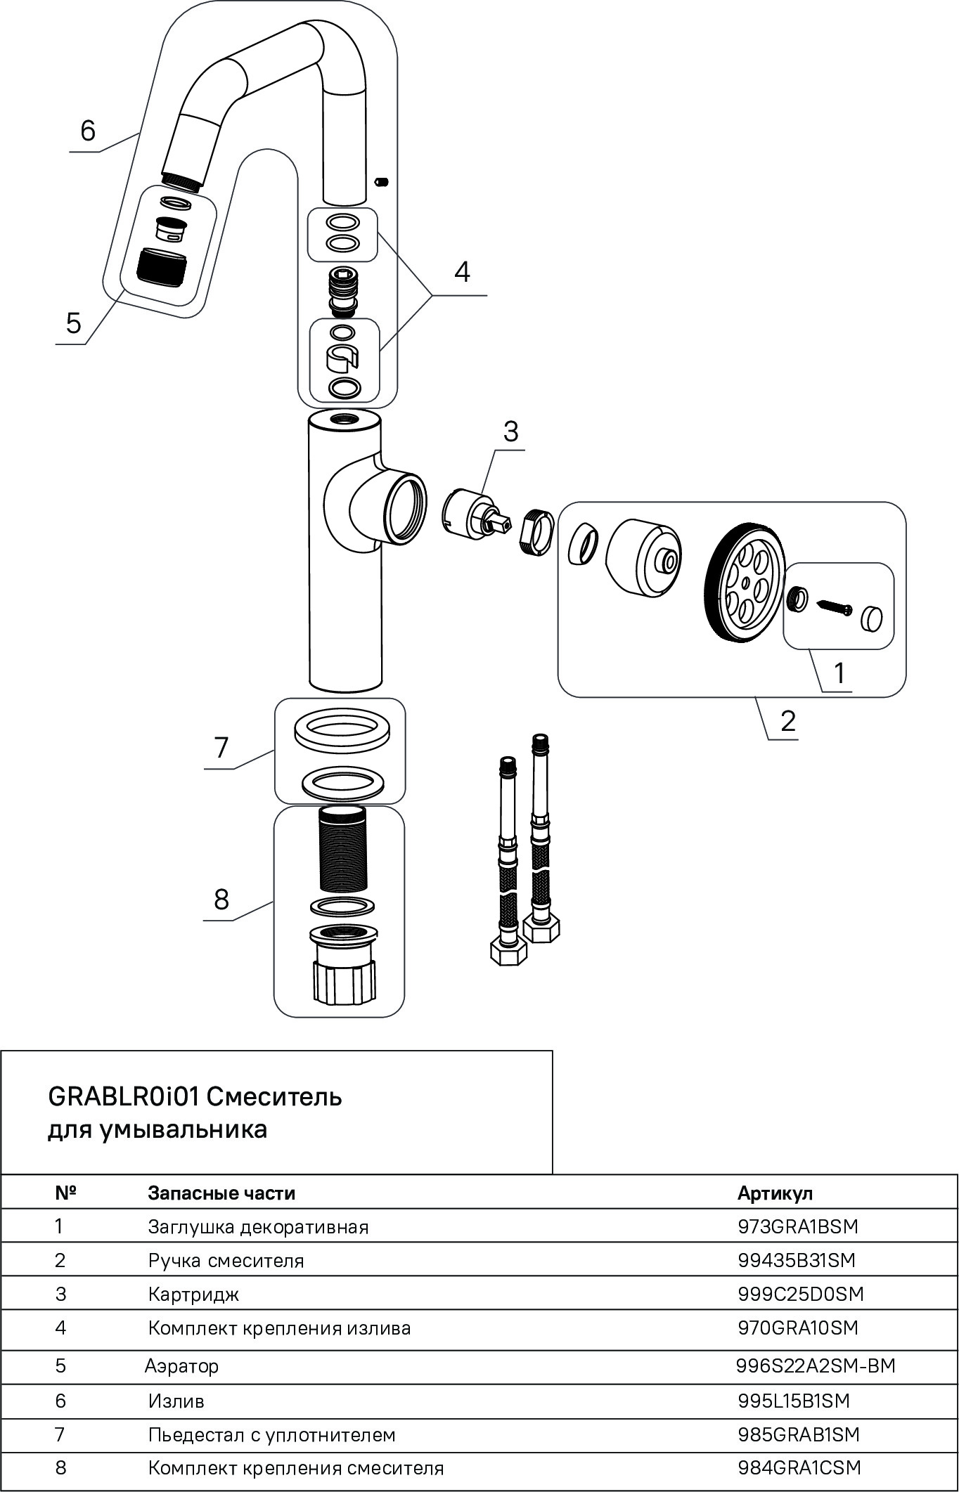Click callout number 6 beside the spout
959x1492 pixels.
click(88, 131)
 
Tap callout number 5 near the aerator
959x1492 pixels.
click(74, 324)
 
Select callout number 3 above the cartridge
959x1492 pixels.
click(510, 431)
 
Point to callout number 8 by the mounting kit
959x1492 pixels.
click(221, 899)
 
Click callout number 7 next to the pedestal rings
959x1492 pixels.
click(221, 748)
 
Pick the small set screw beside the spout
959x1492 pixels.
click(382, 183)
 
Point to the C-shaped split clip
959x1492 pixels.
click(342, 358)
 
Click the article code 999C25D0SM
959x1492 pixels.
click(800, 1294)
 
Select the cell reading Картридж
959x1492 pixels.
click(193, 1294)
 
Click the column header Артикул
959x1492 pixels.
click(775, 1193)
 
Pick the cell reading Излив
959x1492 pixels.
click(176, 1401)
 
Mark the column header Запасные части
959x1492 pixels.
click(221, 1193)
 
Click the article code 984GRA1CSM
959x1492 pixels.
click(799, 1467)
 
